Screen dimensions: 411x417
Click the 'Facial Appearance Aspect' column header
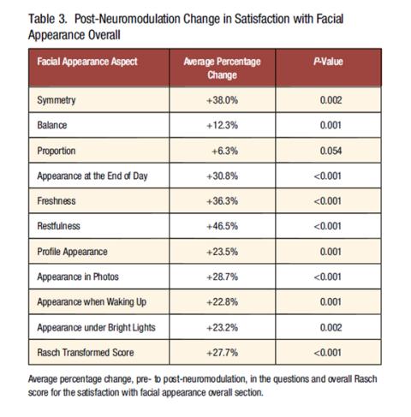click(87, 62)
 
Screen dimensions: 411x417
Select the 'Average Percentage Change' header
click(222, 69)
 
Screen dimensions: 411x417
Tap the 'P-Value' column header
click(328, 62)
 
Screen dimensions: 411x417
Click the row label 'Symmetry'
click(57, 100)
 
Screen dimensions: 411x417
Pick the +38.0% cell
click(222, 100)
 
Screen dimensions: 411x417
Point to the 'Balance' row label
click(52, 125)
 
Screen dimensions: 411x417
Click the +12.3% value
click(222, 125)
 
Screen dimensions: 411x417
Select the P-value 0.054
click(331, 151)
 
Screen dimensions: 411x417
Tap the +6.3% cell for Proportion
click(224, 151)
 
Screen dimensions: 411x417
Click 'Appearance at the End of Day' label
click(92, 176)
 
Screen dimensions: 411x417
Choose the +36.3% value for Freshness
click(222, 201)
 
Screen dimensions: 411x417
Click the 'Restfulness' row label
click(58, 226)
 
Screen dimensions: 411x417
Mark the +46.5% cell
click(222, 226)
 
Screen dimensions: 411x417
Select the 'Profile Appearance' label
click(72, 252)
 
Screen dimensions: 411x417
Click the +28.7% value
click(222, 277)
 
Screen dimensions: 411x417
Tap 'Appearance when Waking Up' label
click(92, 302)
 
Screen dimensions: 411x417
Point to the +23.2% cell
click(222, 327)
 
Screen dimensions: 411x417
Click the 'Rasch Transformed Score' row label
click(86, 353)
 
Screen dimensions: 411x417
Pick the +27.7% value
click(222, 353)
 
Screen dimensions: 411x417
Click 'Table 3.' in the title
click(48, 19)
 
